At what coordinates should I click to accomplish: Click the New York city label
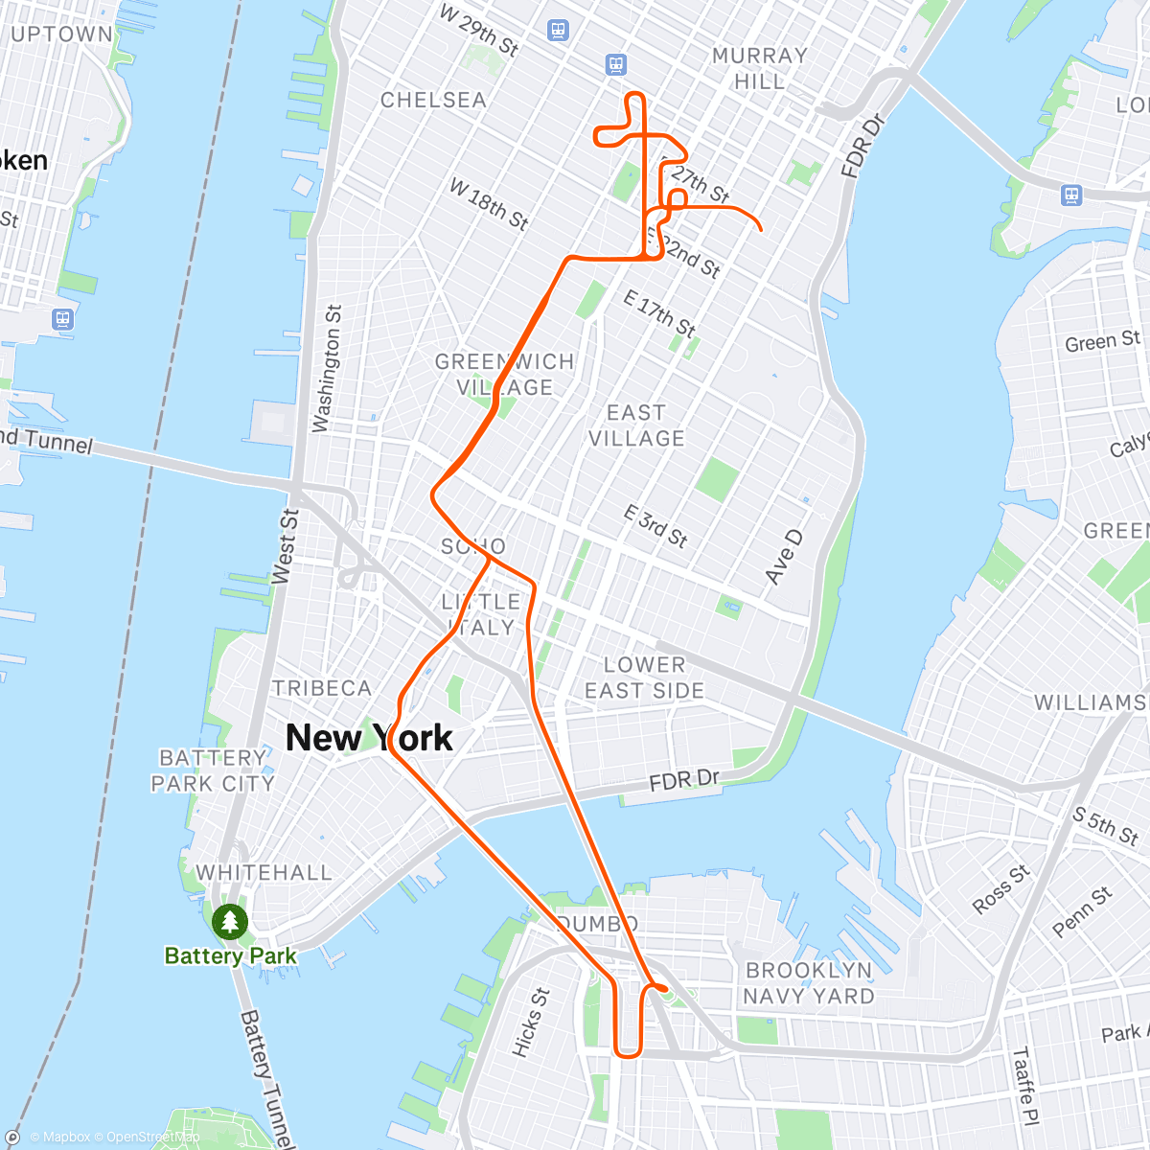[x=369, y=738]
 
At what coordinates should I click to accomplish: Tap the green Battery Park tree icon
[x=229, y=922]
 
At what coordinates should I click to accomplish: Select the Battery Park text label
[x=230, y=955]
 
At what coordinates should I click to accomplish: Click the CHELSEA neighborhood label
[x=433, y=100]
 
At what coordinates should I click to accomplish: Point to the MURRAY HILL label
[x=760, y=68]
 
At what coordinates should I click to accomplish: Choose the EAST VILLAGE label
[x=636, y=425]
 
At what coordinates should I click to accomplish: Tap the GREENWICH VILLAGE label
[x=505, y=375]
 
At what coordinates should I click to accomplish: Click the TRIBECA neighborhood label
[x=322, y=688]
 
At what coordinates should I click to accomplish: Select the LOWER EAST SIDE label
[x=644, y=678]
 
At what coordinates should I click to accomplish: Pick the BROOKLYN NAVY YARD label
[x=809, y=983]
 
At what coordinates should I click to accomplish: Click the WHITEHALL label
[x=264, y=872]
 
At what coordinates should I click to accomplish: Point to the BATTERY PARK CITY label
[x=213, y=770]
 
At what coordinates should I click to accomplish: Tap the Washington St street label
[x=327, y=368]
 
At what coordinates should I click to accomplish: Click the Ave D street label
[x=783, y=557]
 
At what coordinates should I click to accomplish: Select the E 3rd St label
[x=655, y=525]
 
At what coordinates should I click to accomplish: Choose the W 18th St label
[x=489, y=204]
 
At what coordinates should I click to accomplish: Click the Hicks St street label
[x=530, y=1023]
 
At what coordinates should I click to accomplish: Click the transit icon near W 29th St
[x=558, y=31]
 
